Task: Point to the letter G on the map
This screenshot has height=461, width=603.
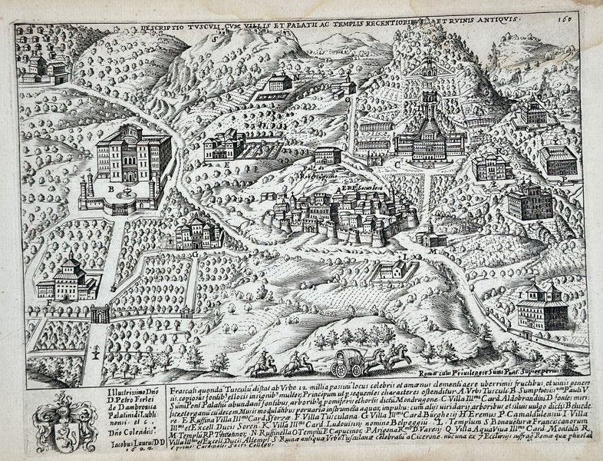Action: [195, 251]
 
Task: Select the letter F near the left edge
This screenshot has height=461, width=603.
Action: [50, 302]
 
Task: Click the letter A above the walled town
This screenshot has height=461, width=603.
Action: [338, 187]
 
